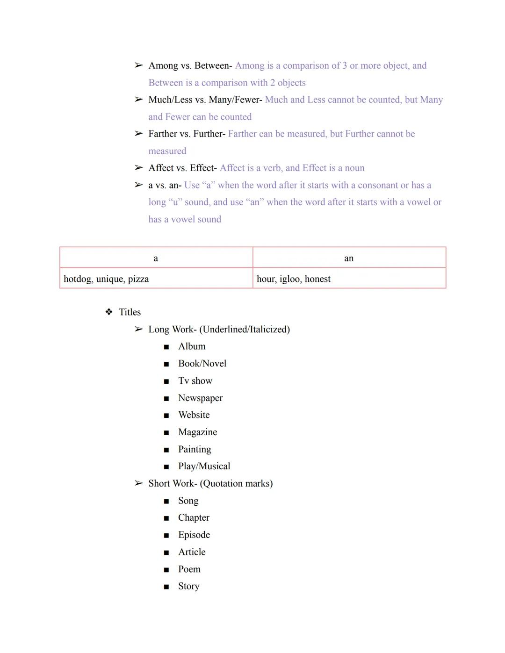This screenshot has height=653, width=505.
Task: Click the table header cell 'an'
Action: [x=349, y=258]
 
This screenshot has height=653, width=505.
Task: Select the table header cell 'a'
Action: [x=156, y=258]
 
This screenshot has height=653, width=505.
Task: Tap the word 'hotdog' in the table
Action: [x=78, y=279]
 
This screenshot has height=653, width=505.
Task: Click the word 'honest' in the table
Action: [x=317, y=279]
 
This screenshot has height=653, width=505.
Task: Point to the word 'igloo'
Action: [x=290, y=279]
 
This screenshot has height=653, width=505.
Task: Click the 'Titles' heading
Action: [x=130, y=312]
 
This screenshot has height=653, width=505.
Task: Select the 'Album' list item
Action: [x=192, y=346]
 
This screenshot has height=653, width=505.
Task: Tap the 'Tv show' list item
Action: [x=195, y=381]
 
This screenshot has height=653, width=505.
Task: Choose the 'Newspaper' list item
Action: [x=200, y=398]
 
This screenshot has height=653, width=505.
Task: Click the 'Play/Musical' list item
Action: [x=204, y=466]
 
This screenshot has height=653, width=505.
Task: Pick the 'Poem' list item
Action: [x=189, y=569]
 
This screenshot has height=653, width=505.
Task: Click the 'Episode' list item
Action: [x=194, y=535]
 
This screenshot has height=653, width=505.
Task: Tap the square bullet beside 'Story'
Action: [x=166, y=587]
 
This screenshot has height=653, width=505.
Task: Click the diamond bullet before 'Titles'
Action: [x=109, y=312]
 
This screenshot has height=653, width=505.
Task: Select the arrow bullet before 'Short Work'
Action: [x=138, y=483]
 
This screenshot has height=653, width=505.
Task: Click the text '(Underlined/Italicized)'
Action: [x=245, y=330]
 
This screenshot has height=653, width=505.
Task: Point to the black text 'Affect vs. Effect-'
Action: [x=182, y=168]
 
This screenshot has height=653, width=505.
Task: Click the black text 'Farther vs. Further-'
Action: [x=187, y=134]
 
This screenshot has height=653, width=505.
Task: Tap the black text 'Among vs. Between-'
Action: [x=190, y=65]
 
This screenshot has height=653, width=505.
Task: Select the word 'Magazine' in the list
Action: [x=197, y=432]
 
